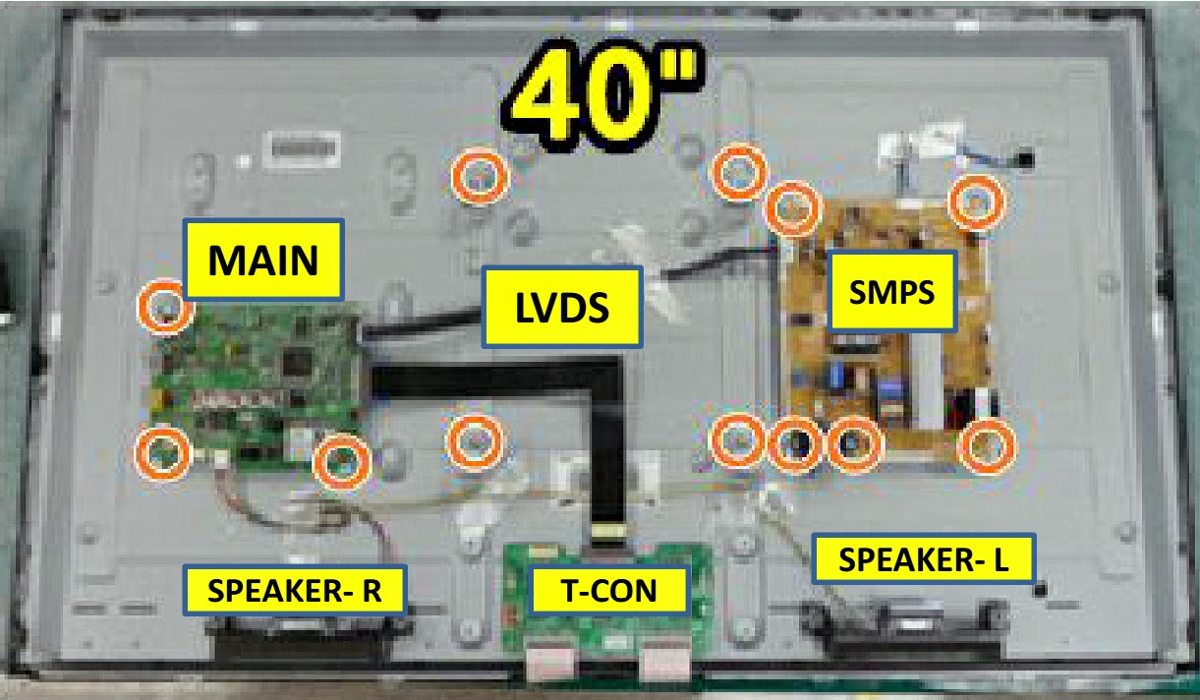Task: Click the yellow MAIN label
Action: pos(262,260)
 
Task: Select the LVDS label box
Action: pos(561,306)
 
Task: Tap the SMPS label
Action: pos(892,291)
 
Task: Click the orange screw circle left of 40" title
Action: pos(480,178)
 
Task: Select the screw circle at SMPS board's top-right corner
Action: pos(976,202)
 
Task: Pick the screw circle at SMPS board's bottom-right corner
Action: pos(987,446)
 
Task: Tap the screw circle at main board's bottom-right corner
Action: pos(340,460)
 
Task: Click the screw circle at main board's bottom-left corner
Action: pos(161,451)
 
